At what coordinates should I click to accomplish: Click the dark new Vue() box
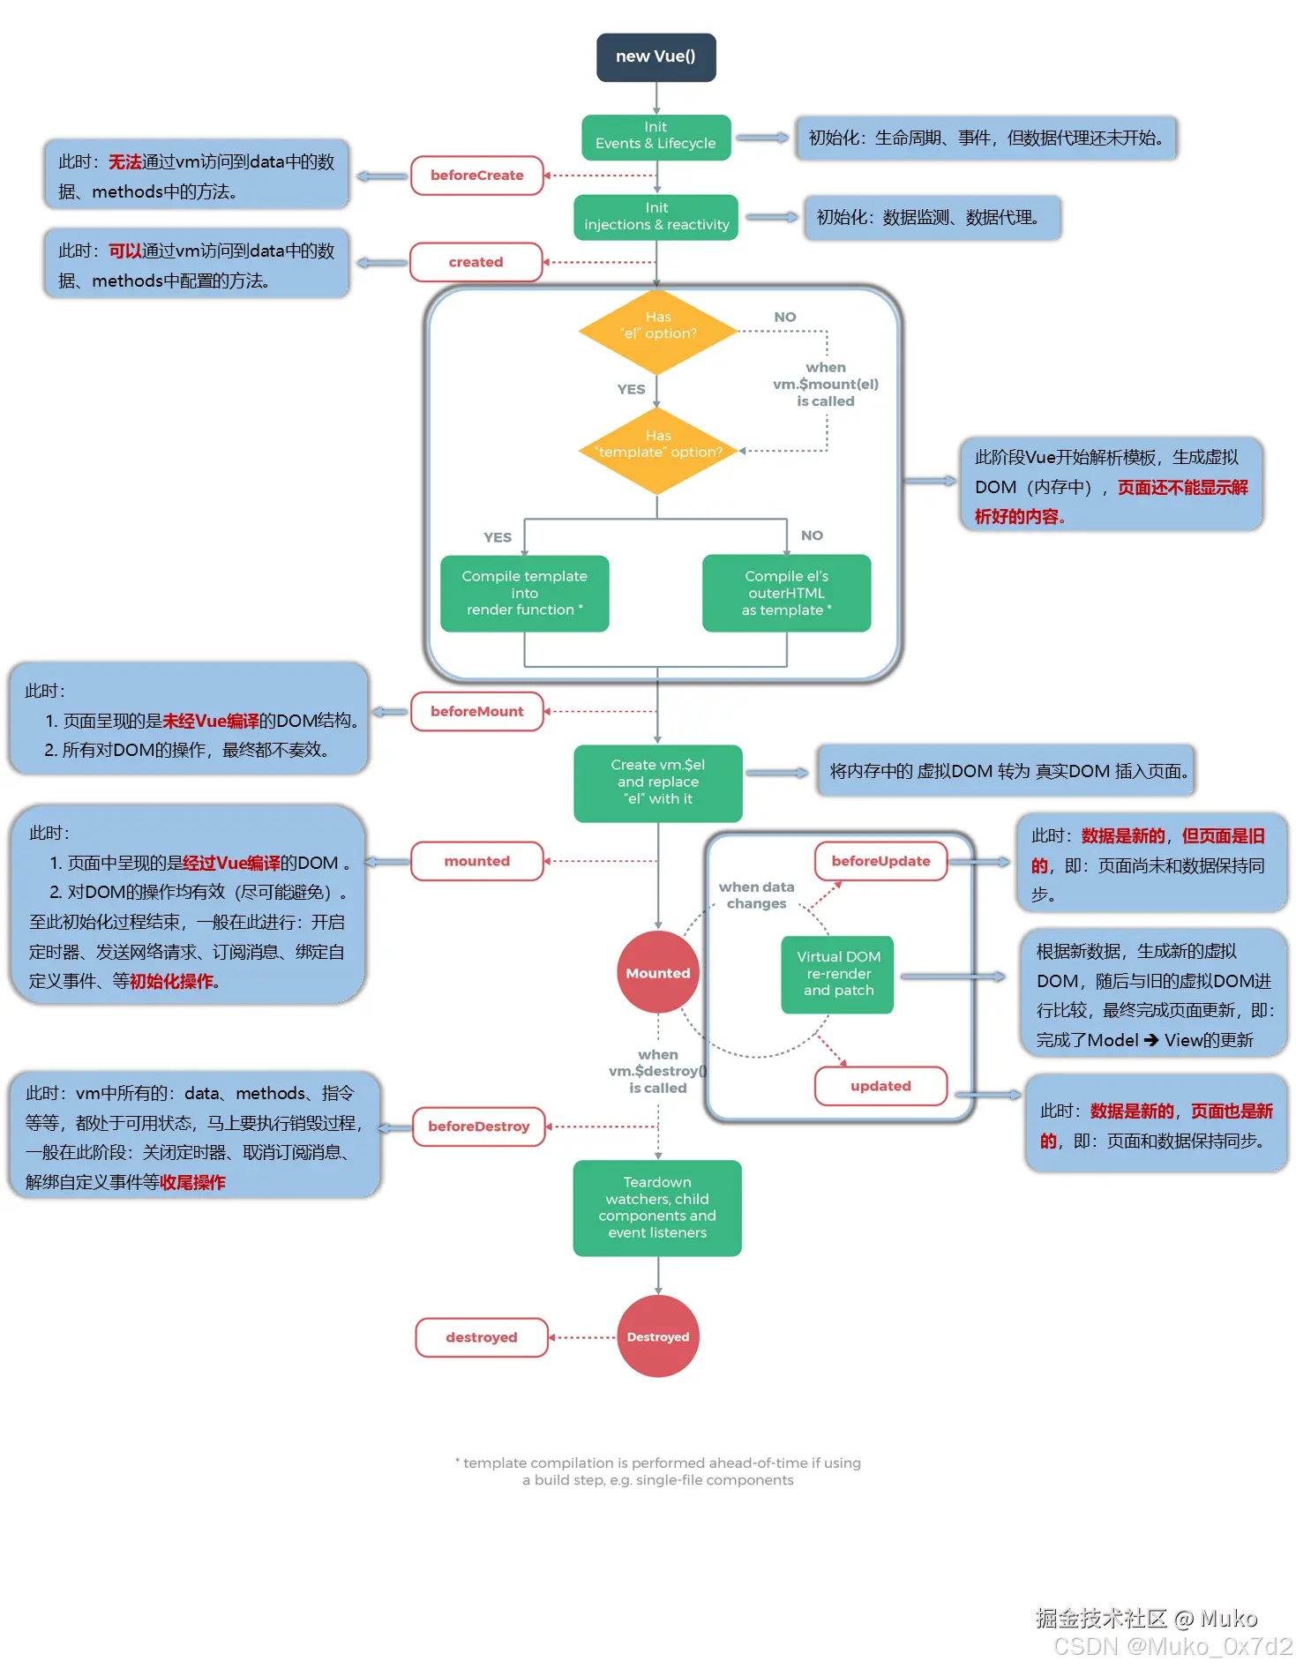655,57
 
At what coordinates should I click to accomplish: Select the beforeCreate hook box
476,176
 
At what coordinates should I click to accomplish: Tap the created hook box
476,262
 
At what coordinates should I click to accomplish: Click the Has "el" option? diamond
657,332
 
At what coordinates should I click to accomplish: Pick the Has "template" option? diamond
657,451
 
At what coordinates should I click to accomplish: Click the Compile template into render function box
524,593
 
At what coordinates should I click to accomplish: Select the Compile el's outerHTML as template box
786,593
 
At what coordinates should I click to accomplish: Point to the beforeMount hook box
476,711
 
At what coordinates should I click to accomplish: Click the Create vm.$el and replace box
657,782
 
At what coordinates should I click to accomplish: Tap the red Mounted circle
657,973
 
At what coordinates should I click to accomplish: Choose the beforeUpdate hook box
880,861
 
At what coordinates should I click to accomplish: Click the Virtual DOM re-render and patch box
837,974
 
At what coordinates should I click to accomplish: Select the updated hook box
880,1086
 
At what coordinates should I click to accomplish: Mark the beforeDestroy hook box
479,1126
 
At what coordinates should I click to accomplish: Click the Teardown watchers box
657,1208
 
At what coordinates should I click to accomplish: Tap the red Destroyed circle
657,1336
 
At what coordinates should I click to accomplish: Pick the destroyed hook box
481,1337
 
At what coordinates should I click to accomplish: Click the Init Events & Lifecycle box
655,137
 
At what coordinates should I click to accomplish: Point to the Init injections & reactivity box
655,217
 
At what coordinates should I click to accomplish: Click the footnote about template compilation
657,1471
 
